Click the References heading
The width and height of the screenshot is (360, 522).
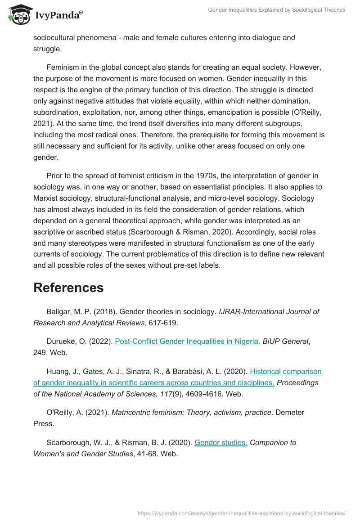[68, 288]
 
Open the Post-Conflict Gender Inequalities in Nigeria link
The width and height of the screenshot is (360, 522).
[188, 342]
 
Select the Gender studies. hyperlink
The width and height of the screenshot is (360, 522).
[220, 443]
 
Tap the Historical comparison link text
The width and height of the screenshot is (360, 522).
[286, 372]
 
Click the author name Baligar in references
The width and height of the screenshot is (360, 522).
[59, 311]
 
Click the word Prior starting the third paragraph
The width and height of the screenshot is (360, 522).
[55, 175]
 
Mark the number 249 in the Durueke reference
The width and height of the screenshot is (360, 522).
[40, 353]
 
